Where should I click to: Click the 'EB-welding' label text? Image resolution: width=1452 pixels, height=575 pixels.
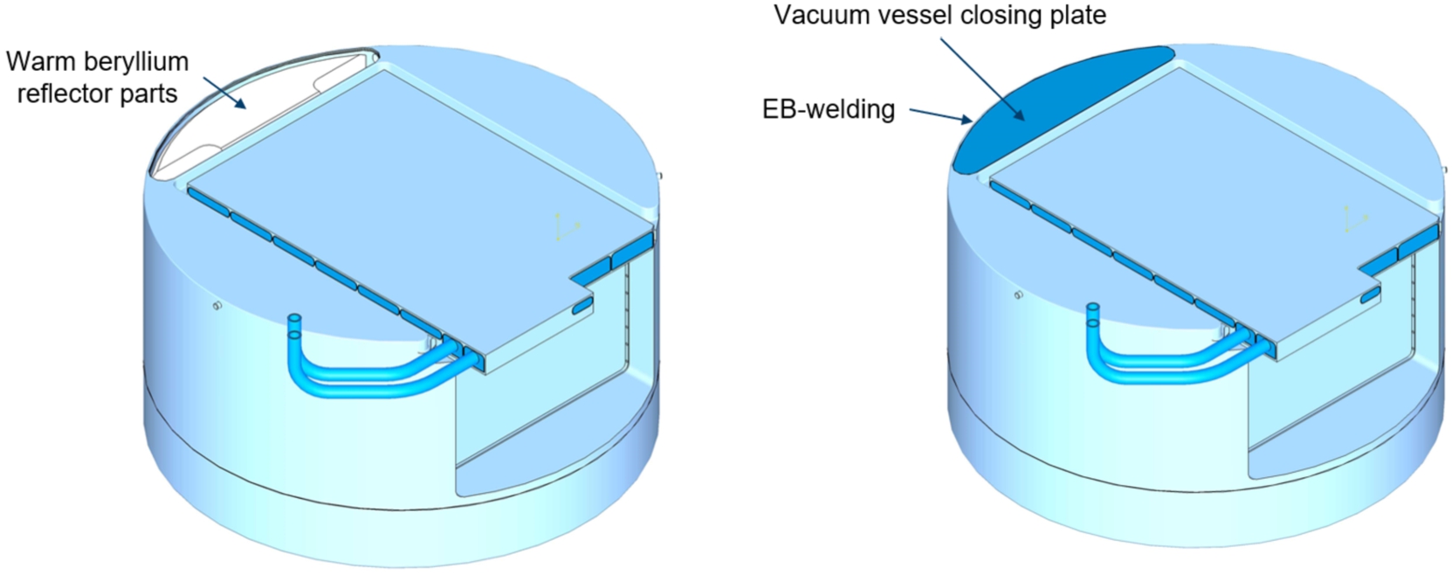pyautogui.click(x=829, y=109)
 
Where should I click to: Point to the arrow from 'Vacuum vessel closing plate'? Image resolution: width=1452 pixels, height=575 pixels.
pyautogui.click(x=982, y=79)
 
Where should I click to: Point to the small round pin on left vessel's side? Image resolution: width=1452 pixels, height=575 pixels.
pyautogui.click(x=217, y=305)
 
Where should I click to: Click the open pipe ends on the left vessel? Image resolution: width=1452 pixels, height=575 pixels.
pyautogui.click(x=294, y=328)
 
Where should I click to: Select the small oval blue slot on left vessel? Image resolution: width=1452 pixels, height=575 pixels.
pyautogui.click(x=582, y=306)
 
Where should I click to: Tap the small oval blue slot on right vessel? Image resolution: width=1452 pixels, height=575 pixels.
pyautogui.click(x=1369, y=297)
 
